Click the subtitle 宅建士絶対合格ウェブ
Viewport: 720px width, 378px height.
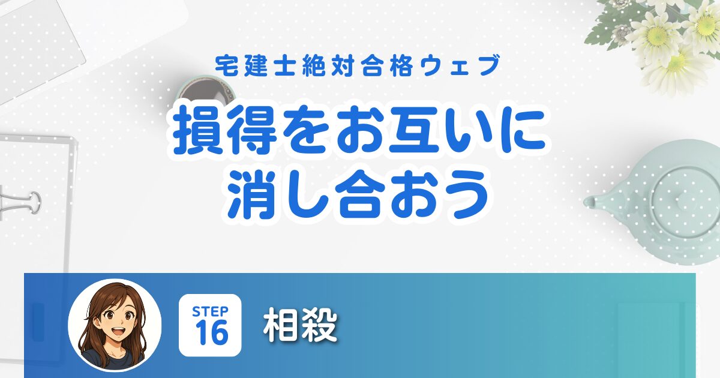coord(358,66)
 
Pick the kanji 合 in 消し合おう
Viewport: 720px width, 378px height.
coord(358,194)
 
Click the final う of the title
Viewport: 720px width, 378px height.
coord(466,194)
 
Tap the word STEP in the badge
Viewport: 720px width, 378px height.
coord(210,311)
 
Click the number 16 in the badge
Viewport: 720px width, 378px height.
coord(211,333)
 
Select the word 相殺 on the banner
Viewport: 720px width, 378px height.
coord(300,325)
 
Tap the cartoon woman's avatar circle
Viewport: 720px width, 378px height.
coord(115,325)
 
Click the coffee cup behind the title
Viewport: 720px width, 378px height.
coord(206,92)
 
